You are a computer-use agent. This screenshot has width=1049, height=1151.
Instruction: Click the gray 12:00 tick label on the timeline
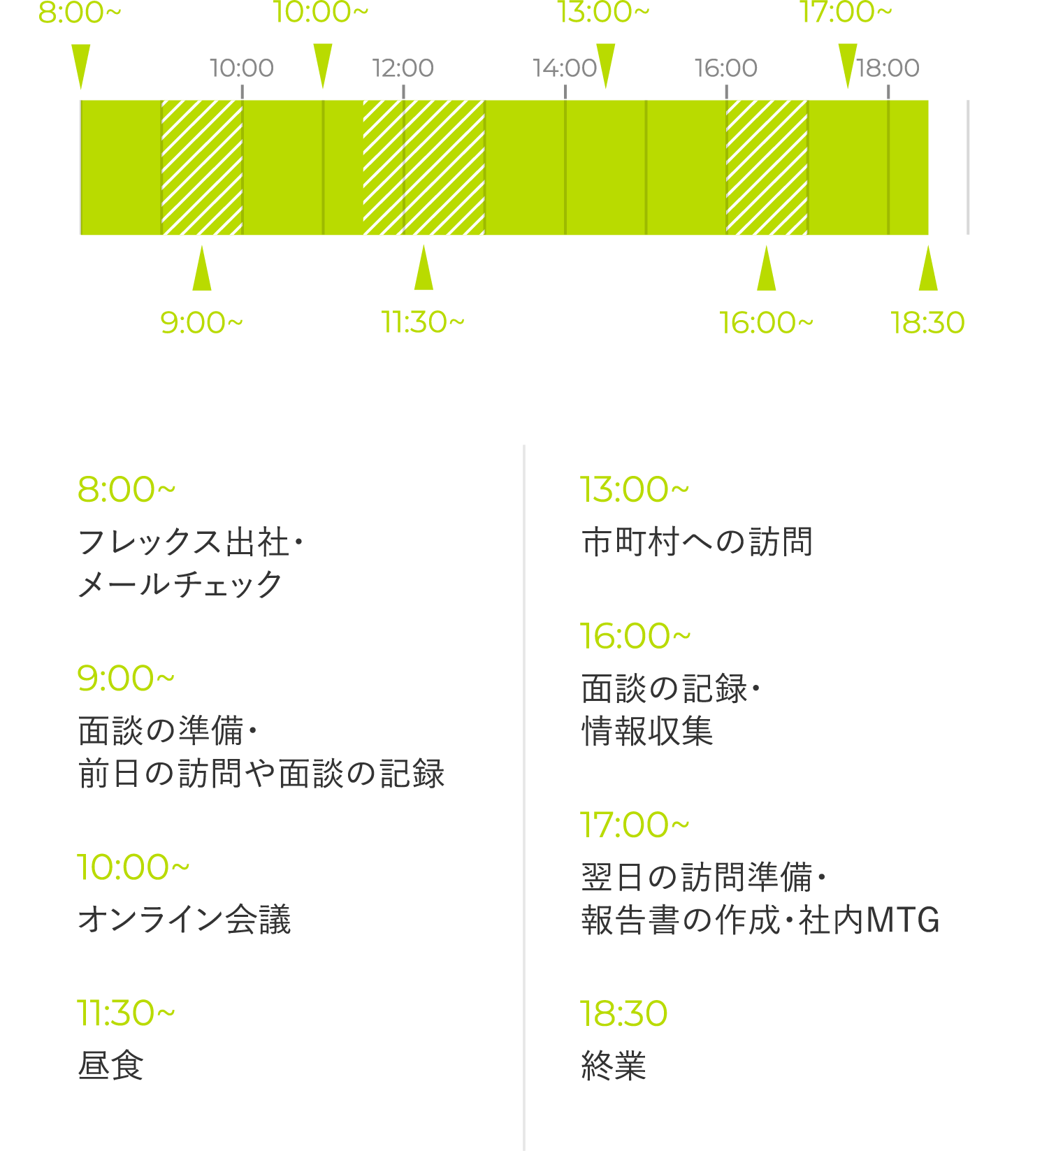tap(403, 68)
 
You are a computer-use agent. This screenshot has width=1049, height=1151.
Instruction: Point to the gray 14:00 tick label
tap(565, 68)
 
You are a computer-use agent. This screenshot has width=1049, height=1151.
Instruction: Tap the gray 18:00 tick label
tap(888, 68)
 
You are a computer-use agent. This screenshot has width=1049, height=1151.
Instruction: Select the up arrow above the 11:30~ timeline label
tap(424, 267)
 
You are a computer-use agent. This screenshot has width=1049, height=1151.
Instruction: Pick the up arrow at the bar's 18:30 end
tap(928, 268)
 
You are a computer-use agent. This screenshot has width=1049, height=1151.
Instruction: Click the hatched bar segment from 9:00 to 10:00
tap(202, 168)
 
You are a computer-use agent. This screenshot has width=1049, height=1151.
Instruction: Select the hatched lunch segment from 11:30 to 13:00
tap(424, 168)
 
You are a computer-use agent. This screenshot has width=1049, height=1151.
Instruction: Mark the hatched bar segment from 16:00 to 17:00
tap(767, 168)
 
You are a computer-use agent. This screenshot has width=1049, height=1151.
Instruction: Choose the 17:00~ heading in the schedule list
tap(635, 825)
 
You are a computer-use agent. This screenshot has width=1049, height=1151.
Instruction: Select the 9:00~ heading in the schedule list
tap(126, 678)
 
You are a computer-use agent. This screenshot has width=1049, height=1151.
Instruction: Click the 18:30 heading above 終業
tap(623, 1013)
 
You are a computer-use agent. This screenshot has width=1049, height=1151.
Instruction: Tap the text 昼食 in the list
tap(110, 1066)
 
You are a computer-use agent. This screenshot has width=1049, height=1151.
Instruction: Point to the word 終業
tap(614, 1066)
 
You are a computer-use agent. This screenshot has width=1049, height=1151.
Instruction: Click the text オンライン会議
tap(185, 919)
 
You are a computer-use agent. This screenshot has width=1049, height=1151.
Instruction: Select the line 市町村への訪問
tap(697, 542)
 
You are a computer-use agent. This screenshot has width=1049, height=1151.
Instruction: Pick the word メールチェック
tap(180, 584)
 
